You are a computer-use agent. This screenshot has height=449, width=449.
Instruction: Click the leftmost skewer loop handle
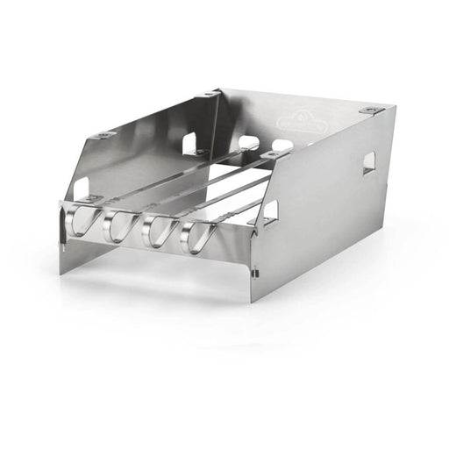82,223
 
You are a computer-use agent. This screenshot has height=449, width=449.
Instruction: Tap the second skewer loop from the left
121,226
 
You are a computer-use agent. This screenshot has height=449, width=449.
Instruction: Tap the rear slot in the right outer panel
369,162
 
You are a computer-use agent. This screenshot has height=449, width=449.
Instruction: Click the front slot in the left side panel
81,188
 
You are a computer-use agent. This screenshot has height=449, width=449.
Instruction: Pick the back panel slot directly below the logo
282,145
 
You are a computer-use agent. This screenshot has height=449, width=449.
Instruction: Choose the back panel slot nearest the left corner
249,141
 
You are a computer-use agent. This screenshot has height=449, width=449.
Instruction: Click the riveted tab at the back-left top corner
209,92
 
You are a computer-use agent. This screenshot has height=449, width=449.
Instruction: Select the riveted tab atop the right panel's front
274,153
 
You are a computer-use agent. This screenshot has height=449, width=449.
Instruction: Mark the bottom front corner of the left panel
61,273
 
